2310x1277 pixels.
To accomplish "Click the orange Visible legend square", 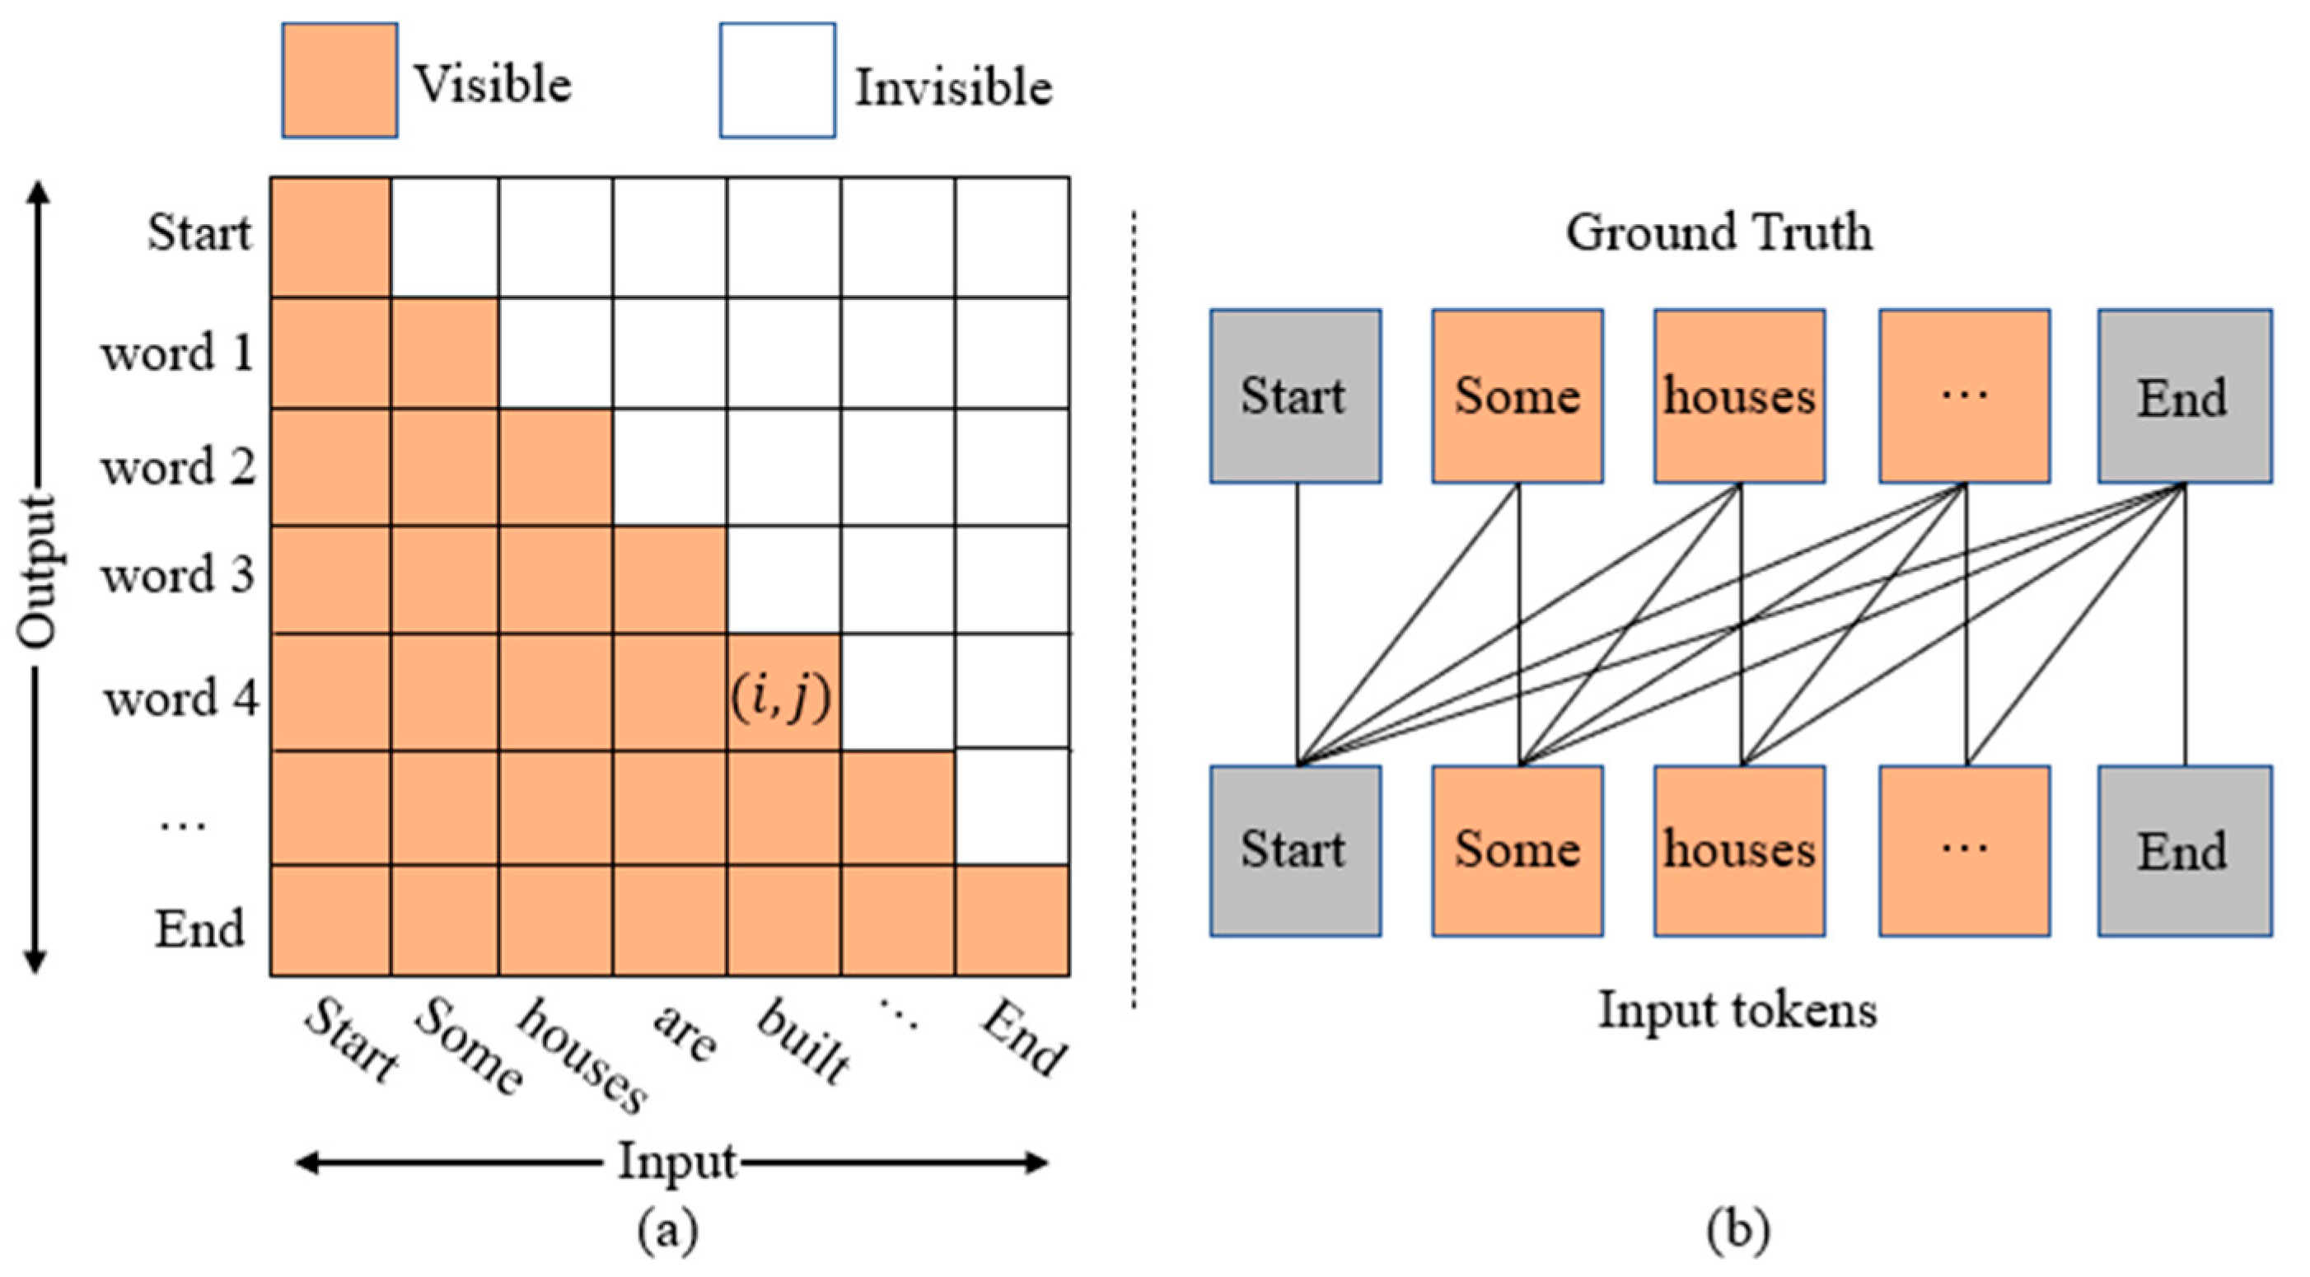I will coord(340,81).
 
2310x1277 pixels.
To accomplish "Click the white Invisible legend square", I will coord(778,81).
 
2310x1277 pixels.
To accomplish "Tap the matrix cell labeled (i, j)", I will coord(783,693).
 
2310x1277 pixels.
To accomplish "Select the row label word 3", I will coord(179,575).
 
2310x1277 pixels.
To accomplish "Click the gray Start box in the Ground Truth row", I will coord(1295,396).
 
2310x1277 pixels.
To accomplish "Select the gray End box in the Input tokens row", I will coord(2184,851).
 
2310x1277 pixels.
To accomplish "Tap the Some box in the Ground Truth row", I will coord(1517,396).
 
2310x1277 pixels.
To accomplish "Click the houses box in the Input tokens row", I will coord(1740,851).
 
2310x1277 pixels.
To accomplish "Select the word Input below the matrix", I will coord(677,1163).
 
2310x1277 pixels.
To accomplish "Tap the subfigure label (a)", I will coord(668,1230).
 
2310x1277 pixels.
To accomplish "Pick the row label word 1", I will coord(179,353).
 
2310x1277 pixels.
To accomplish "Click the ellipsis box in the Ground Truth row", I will coord(1964,396).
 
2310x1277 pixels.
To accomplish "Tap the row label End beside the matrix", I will coord(200,929).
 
